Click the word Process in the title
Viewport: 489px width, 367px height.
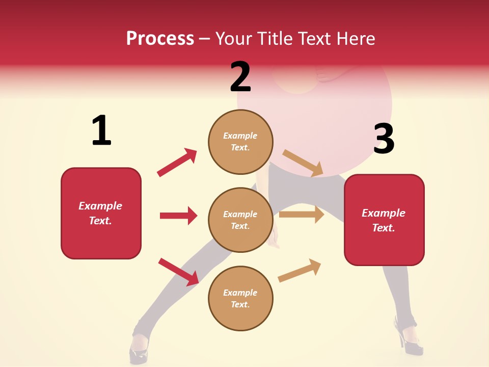[x=160, y=38]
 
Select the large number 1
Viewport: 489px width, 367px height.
[x=101, y=130]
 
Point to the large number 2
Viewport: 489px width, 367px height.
[x=240, y=76]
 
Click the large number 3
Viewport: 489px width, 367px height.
[x=384, y=139]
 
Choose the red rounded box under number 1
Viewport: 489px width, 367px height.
[x=101, y=213]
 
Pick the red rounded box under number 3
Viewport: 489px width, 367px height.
[x=384, y=220]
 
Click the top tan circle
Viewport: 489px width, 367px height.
[x=240, y=142]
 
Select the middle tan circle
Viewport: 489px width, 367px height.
[x=240, y=220]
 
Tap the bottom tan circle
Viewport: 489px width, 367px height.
[x=240, y=298]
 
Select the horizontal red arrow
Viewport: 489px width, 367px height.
[x=178, y=216]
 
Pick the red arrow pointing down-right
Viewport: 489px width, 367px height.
[x=179, y=272]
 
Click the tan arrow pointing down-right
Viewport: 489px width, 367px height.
[x=303, y=163]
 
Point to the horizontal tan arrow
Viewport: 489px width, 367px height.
[x=302, y=215]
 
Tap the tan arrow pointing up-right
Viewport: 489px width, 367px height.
[x=300, y=270]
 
